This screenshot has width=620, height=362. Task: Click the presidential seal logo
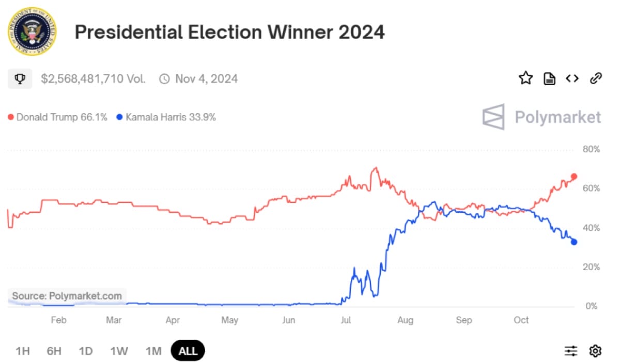[x=32, y=32]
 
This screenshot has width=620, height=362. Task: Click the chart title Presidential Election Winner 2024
[x=229, y=32]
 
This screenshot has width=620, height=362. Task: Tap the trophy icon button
[x=20, y=79]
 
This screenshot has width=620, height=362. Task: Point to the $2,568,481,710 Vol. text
[x=93, y=79]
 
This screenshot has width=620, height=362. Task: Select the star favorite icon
[x=525, y=78]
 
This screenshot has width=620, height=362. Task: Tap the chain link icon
[x=596, y=78]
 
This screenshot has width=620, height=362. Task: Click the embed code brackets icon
[x=572, y=78]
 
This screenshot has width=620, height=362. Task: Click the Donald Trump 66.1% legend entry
[x=57, y=117]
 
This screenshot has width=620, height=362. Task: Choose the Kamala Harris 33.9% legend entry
[x=166, y=117]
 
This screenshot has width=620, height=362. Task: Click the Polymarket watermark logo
[x=541, y=117]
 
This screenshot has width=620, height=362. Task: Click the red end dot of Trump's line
[x=574, y=177]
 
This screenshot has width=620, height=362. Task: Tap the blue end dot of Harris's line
[x=574, y=242]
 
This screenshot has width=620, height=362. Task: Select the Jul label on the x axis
[x=346, y=320]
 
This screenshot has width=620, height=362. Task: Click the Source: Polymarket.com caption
[x=67, y=296]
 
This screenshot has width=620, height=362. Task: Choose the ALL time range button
[x=188, y=351]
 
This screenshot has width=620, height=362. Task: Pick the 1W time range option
[x=119, y=351]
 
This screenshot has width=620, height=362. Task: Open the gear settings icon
[x=595, y=351]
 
